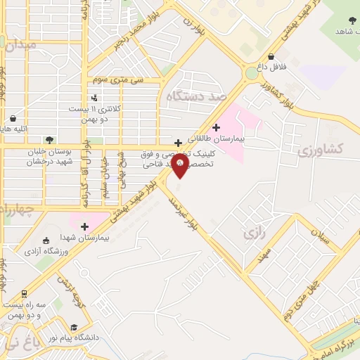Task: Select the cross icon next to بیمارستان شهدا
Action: point(84,226)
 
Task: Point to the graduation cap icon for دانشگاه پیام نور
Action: point(75,327)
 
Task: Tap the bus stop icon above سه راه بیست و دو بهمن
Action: point(25,294)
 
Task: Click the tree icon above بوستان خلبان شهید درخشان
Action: point(49,140)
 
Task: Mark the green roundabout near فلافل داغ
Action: point(251,73)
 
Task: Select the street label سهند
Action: point(264,256)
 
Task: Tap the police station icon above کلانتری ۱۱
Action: point(95,97)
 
